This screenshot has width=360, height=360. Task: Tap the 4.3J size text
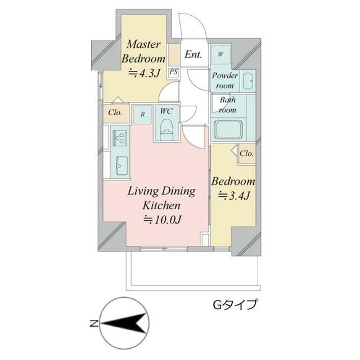point(145,72)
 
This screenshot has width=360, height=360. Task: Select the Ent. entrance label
point(193,55)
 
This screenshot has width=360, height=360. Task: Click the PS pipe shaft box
point(174,72)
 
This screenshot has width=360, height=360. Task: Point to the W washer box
point(220,54)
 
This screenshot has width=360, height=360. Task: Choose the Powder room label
point(224,80)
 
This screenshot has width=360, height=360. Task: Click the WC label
point(166,111)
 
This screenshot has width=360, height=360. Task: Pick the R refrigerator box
point(143,114)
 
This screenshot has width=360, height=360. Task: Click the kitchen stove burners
point(120,137)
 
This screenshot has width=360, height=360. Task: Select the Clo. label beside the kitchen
point(115,113)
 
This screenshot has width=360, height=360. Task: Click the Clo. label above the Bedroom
point(246,153)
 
